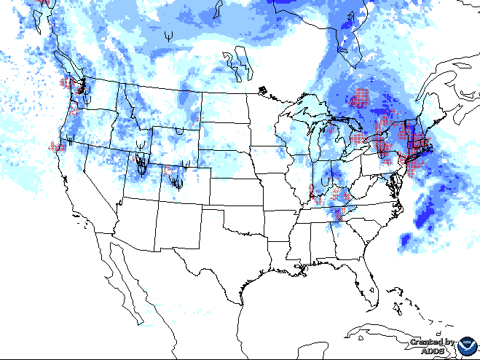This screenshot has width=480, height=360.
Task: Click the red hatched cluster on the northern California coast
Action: (58, 146)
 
